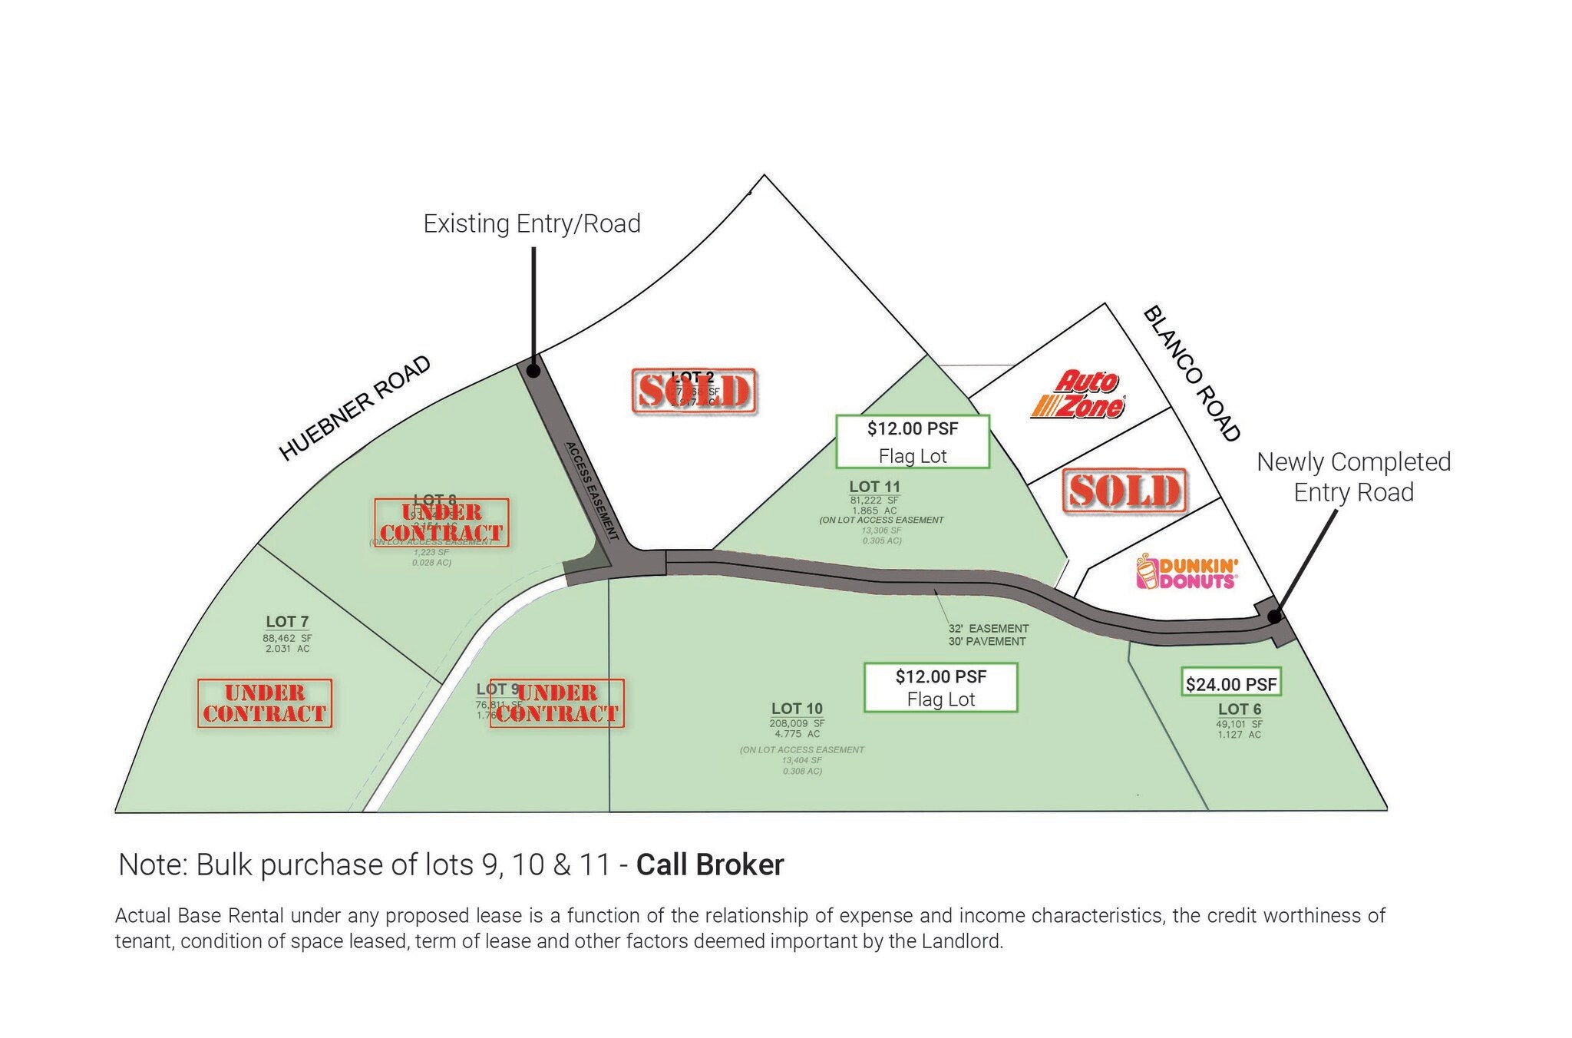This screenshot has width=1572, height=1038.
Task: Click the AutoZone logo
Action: (x=1078, y=395)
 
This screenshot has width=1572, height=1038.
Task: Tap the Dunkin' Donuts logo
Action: (x=1187, y=573)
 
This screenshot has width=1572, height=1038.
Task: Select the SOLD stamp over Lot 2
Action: (x=694, y=391)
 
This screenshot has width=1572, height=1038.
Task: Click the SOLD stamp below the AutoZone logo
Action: (x=1125, y=491)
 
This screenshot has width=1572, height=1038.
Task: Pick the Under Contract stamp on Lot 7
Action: (x=265, y=702)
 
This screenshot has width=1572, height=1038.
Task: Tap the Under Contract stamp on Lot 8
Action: (x=442, y=522)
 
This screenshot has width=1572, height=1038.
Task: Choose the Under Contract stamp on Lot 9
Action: (x=557, y=702)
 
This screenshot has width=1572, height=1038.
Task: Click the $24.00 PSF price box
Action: (x=1231, y=683)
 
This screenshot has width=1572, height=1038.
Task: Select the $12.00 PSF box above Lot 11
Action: (x=913, y=441)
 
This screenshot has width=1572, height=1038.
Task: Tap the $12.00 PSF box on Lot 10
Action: (x=941, y=687)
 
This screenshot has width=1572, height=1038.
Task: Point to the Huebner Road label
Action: (x=355, y=408)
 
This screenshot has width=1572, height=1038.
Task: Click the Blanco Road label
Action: (x=1192, y=374)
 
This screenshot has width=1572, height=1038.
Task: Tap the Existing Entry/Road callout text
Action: (x=532, y=223)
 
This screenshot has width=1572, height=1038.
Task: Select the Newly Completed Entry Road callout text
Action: (x=1354, y=477)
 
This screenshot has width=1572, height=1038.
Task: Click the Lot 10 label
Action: (x=797, y=709)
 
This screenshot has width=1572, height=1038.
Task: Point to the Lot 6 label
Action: (x=1239, y=709)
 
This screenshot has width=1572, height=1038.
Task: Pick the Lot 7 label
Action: (x=287, y=622)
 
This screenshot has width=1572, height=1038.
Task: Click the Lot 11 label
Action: (x=874, y=487)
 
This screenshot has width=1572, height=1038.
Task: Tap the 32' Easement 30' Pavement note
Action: (x=988, y=635)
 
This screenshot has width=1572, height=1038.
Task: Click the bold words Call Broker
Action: (x=710, y=865)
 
